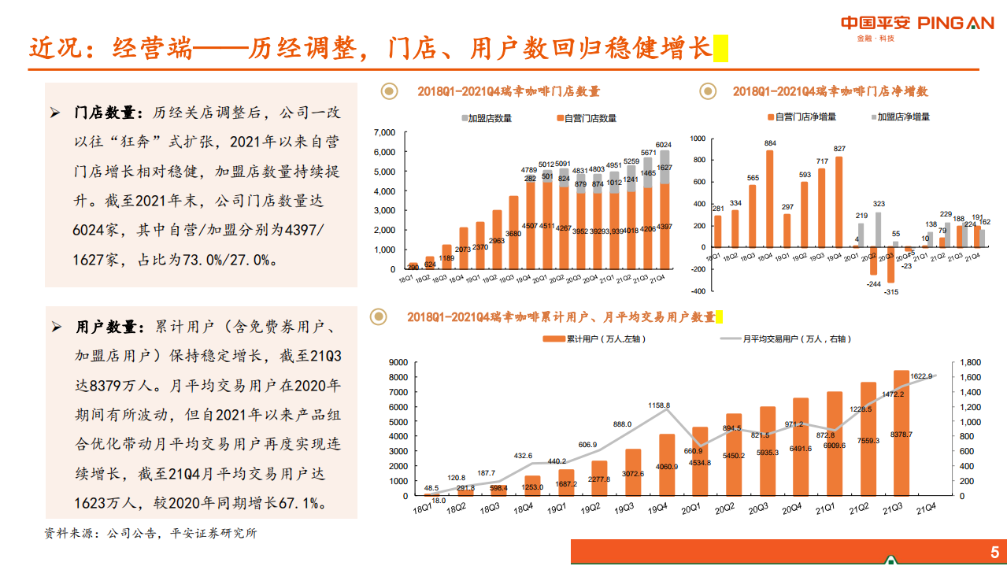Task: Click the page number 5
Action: click(994, 552)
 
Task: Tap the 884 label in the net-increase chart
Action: click(769, 143)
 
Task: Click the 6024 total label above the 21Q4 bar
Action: click(664, 145)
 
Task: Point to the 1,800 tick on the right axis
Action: click(969, 362)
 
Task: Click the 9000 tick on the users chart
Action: click(397, 362)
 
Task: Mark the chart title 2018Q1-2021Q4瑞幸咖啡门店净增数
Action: click(830, 91)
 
